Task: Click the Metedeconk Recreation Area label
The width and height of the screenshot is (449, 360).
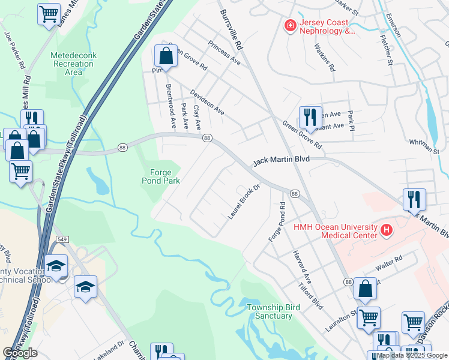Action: point(73,64)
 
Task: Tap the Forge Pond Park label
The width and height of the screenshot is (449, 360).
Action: point(161,175)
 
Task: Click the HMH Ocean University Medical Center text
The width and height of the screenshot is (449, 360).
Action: point(335,231)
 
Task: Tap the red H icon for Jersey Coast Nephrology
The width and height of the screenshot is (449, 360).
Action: point(290,25)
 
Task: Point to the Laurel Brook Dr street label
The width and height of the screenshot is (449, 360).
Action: point(244,201)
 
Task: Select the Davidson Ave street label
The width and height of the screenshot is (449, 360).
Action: point(207,103)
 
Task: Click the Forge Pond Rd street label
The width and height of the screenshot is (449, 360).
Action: point(276,222)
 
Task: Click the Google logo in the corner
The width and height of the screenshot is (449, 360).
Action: point(20,353)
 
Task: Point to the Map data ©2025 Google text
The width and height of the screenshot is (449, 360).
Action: point(412,355)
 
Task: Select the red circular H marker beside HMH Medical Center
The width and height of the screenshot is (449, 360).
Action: point(387,229)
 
